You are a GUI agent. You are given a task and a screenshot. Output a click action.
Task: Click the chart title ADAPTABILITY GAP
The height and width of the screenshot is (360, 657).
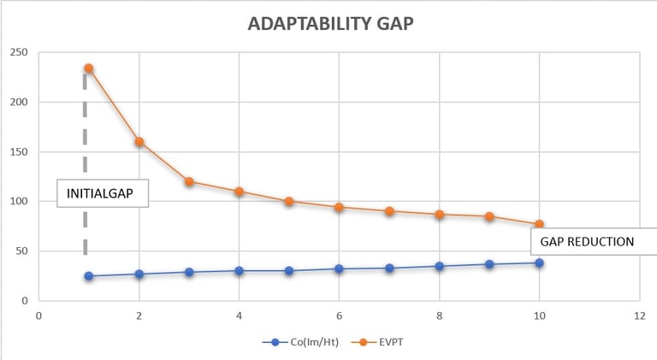pos(329,23)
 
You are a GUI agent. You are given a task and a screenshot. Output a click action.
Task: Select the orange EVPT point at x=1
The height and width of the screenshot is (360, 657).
pos(88,68)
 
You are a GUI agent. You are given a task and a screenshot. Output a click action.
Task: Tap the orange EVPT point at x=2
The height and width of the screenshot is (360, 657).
pos(139,142)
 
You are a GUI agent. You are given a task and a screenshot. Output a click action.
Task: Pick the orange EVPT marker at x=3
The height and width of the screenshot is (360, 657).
pos(189,181)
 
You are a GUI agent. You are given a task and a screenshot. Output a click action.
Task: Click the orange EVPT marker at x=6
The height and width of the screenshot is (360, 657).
pos(339,207)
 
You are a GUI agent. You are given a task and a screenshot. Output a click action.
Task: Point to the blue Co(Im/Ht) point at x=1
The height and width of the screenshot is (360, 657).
pos(88,276)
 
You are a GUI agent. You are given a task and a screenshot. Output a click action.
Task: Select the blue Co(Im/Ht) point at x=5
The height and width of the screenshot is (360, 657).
pos(289,271)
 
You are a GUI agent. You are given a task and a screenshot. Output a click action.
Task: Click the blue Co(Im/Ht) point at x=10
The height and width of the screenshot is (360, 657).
pos(540,263)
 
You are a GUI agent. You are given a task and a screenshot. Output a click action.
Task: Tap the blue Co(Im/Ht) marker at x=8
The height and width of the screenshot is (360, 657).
pos(440,266)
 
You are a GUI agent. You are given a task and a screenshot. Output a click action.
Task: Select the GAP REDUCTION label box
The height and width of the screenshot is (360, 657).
pos(587,242)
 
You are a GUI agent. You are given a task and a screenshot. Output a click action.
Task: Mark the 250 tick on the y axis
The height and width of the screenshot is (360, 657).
pos(18,53)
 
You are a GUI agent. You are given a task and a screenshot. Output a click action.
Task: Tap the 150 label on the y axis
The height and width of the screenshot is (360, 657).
pos(18,152)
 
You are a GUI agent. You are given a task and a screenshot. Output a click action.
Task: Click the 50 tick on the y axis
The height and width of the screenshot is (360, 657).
pos(21,251)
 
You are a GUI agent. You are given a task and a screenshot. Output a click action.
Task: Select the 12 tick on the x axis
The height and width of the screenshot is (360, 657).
pos(639,315)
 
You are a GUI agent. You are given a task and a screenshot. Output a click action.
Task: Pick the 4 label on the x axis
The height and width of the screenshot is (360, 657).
pos(239,315)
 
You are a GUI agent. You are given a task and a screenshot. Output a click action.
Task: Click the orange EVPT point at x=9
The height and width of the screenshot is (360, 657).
pos(489,216)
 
